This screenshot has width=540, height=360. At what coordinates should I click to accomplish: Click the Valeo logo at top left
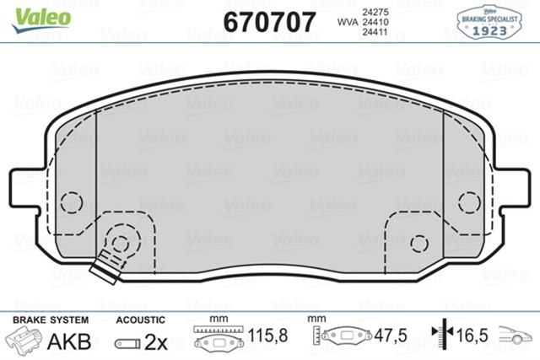(41, 19)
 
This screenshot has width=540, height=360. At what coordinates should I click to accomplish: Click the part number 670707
(269, 22)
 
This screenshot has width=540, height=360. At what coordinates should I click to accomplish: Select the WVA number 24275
(375, 12)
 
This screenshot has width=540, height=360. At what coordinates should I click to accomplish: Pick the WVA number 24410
(375, 22)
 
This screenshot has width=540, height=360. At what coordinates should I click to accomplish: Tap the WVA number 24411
(375, 32)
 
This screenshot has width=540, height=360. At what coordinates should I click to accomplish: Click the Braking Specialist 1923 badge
(489, 22)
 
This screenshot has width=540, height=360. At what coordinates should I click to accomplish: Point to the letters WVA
(348, 22)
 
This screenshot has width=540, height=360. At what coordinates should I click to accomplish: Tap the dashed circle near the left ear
(72, 201)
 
